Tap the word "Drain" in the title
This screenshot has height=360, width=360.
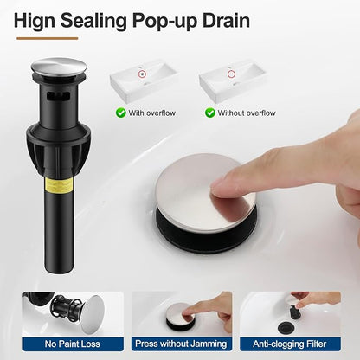[226, 20]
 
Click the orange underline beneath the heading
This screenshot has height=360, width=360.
[48, 38]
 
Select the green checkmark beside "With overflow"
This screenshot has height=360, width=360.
[120, 112]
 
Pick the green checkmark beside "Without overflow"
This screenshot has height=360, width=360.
[210, 112]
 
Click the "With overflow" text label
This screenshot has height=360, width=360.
[152, 112]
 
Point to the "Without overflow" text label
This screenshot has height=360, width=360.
[247, 112]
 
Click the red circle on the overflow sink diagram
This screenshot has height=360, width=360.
[142, 74]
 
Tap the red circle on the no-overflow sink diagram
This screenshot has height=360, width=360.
[231, 74]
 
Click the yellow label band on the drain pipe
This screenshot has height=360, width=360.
[60, 186]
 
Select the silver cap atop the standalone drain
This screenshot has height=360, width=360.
[59, 67]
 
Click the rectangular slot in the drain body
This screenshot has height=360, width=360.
[59, 95]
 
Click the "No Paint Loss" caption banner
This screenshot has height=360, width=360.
[73, 344]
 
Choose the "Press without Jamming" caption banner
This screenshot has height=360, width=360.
[181, 344]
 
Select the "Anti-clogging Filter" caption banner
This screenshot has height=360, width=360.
[290, 344]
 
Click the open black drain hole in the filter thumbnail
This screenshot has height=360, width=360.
[287, 328]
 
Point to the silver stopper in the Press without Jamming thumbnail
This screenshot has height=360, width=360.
[178, 312]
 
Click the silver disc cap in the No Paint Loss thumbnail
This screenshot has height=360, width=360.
[93, 314]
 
